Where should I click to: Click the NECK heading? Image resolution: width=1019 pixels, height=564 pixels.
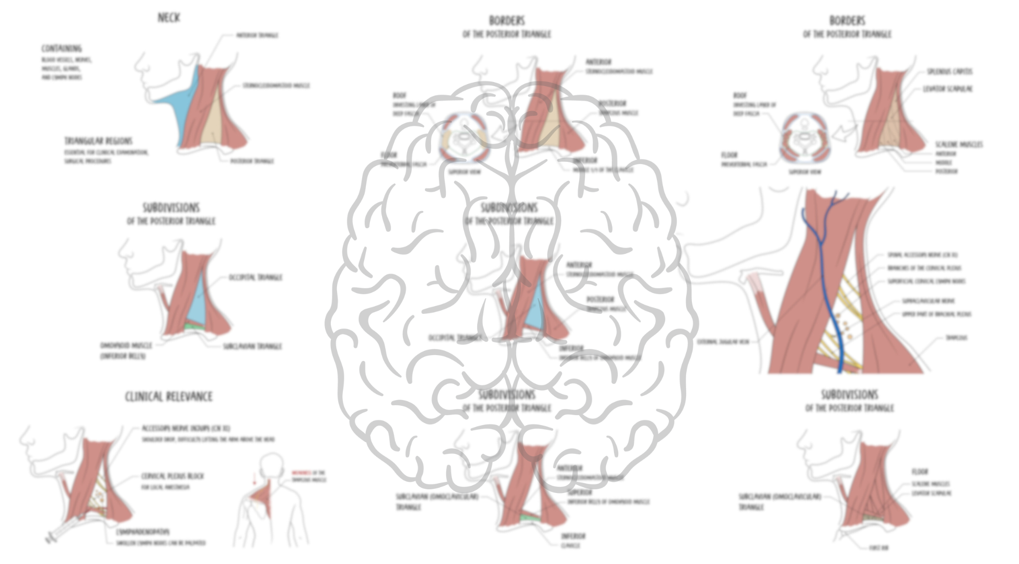169,18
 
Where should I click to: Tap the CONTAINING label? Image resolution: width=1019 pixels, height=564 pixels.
62,49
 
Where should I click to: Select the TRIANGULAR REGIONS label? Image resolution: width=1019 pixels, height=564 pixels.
98,141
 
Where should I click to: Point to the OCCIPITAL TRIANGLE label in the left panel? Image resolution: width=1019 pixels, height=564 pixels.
256,277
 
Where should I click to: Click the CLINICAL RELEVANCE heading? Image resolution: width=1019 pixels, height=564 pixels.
169,397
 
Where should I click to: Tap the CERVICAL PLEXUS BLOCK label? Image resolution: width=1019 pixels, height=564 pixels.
172,476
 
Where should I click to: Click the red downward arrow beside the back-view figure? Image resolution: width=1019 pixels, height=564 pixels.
254,479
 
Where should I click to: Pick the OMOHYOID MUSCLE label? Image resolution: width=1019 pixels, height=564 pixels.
126,346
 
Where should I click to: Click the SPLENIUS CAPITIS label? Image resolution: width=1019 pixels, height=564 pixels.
949,72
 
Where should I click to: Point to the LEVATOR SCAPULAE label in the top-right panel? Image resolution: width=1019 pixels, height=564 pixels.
947,89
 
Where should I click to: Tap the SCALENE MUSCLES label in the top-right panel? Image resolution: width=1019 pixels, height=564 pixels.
959,144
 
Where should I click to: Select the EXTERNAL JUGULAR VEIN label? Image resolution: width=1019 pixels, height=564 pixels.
723,342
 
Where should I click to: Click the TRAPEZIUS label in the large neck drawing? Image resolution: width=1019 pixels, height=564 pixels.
956,338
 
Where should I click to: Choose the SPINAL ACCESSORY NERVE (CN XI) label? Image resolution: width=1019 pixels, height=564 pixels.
922,255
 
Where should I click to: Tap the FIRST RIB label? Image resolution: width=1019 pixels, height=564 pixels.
878,548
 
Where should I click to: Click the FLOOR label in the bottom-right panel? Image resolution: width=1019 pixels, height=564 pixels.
919,472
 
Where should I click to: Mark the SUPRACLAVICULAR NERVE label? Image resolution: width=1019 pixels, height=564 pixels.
928,301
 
